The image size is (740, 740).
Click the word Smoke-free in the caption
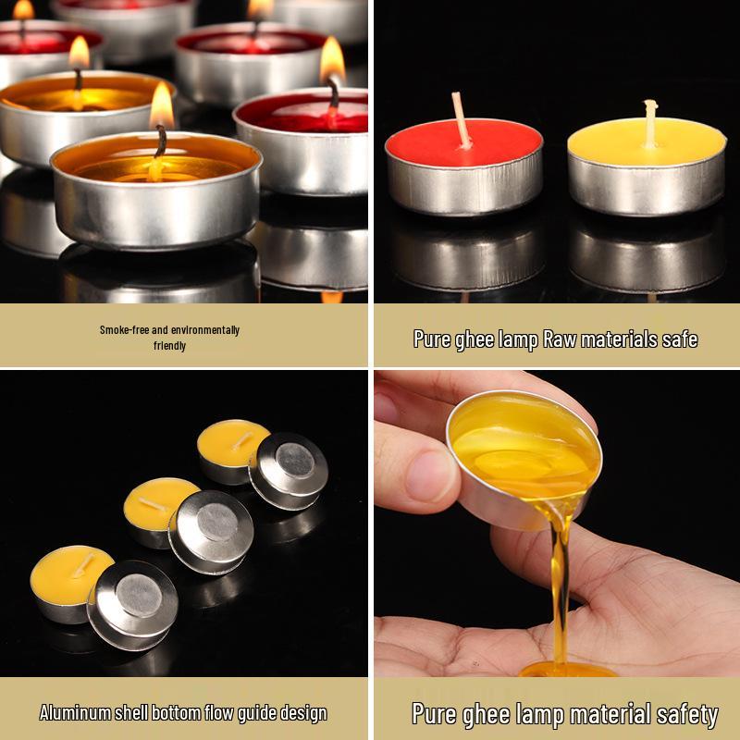[x=121, y=330]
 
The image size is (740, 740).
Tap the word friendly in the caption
[x=170, y=346]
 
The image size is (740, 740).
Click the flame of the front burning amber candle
[x=162, y=108]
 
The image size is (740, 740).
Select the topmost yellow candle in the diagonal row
[x=232, y=447]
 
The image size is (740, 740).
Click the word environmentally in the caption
[x=194, y=330]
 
